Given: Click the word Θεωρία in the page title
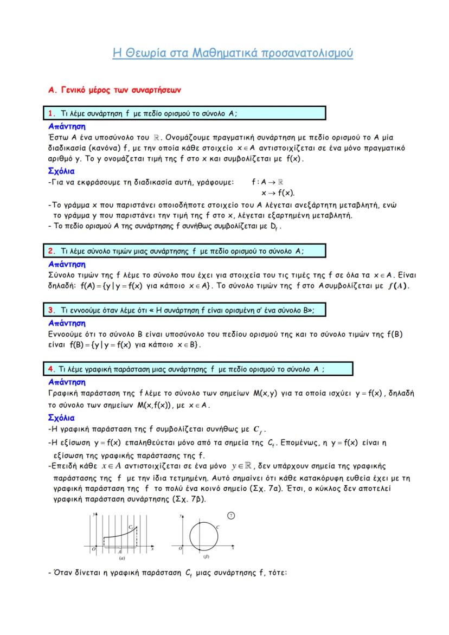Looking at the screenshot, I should (143, 53).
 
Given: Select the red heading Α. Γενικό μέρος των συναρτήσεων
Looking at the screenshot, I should (114, 89).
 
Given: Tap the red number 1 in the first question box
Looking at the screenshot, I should (51, 113).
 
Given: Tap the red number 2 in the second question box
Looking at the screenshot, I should (51, 251).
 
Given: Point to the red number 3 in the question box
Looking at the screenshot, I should (51, 310).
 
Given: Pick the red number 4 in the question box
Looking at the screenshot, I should (51, 369).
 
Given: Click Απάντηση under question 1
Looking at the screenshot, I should (67, 125).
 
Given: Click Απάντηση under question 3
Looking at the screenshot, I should (67, 323).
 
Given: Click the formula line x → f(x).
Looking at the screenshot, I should (278, 193).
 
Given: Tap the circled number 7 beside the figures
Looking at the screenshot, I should (231, 515).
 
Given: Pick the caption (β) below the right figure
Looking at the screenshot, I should (206, 557).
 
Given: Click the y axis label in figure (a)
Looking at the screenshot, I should (93, 513).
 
